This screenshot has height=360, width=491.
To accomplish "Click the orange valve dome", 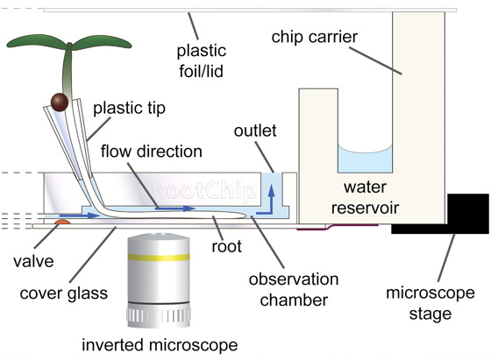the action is pyautogui.click(x=62, y=222).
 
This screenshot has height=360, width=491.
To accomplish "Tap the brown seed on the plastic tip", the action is pyautogui.click(x=60, y=102).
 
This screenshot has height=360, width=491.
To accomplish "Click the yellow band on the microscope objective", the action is pyautogui.click(x=158, y=258).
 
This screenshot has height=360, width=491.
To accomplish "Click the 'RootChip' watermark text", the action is pyautogui.click(x=203, y=190).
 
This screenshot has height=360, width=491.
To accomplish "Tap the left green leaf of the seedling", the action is pyautogui.click(x=37, y=43).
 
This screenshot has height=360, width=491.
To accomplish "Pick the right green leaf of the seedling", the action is pyautogui.click(x=101, y=43).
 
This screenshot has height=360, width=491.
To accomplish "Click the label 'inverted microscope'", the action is pyautogui.click(x=160, y=345).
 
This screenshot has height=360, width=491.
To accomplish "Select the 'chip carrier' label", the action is pyautogui.click(x=315, y=37).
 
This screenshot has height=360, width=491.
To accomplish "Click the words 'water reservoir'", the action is pyautogui.click(x=365, y=197).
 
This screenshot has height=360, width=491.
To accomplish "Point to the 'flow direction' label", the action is pyautogui.click(x=151, y=152).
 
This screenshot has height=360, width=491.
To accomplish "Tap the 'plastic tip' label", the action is pyautogui.click(x=130, y=109).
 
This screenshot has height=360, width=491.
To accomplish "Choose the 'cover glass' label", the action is pyautogui.click(x=63, y=293).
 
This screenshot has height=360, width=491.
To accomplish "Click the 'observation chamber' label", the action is pyautogui.click(x=294, y=290).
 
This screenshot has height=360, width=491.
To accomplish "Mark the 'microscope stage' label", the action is pyautogui.click(x=431, y=303).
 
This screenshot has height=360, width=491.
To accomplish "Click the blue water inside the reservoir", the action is pyautogui.click(x=365, y=160).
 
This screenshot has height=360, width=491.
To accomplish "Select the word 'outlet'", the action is pyautogui.click(x=255, y=131).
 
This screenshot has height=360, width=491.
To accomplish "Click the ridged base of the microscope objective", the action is pyautogui.click(x=159, y=317).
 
